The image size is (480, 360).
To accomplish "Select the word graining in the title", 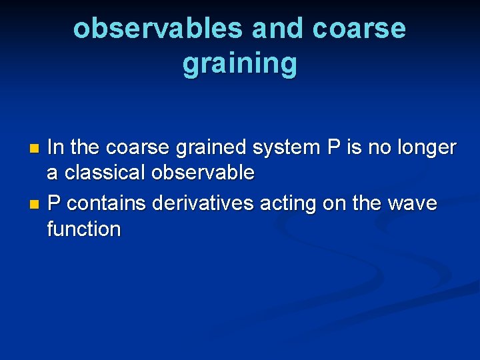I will [x=239, y=63].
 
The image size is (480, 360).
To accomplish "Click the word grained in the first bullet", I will [x=221, y=147].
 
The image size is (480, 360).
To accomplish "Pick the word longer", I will [x=425, y=147].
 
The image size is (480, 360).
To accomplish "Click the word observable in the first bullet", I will [x=203, y=173].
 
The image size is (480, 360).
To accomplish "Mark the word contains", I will [x=107, y=202].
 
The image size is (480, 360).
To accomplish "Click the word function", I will [x=84, y=229].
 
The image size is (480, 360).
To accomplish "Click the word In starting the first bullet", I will [x=57, y=147].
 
